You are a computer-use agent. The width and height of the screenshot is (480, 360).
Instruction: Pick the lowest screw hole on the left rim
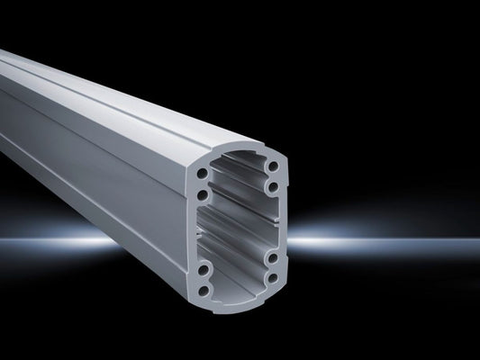tap(208, 289)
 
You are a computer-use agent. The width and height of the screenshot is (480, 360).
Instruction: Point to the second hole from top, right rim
tap(270, 186)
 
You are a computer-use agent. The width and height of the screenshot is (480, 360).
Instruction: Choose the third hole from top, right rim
tap(271, 257)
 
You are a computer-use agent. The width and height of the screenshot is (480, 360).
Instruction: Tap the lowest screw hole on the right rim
tap(272, 279)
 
